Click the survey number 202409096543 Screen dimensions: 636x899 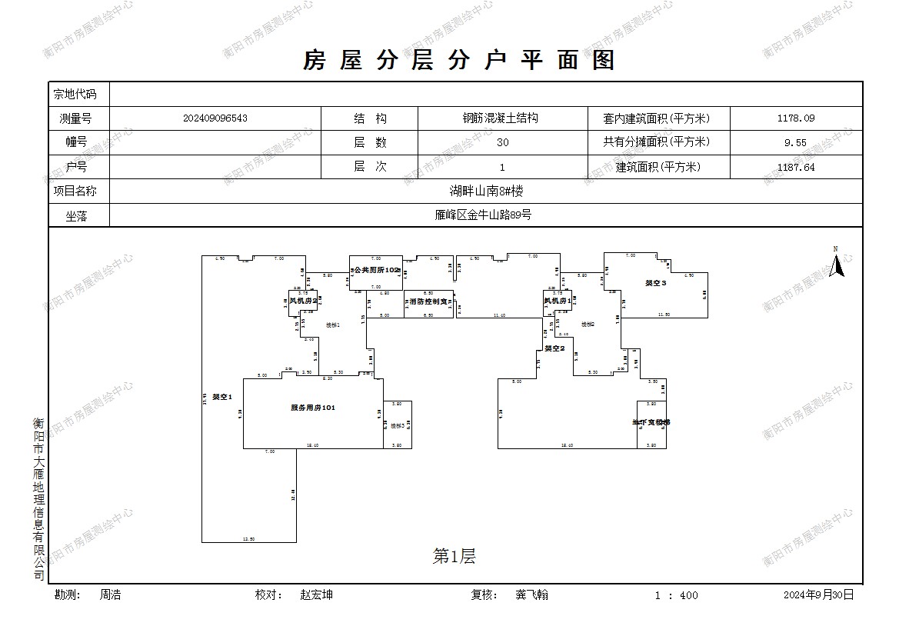[215, 118]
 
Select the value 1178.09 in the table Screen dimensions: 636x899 [796, 118]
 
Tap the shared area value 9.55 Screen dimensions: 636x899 [796, 142]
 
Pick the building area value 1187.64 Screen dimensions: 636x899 [796, 167]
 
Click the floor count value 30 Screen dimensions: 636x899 [502, 142]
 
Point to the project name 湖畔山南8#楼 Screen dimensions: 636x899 [486, 191]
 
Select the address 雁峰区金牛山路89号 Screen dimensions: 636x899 [482, 215]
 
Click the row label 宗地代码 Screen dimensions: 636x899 [75, 95]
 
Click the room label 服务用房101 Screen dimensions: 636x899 [312, 408]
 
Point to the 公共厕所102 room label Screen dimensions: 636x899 [377, 271]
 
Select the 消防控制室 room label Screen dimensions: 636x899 [428, 301]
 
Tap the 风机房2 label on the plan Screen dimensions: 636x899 [303, 301]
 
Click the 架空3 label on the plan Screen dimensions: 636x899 [655, 284]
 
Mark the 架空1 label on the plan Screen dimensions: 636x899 [222, 397]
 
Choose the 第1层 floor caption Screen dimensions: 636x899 [454, 557]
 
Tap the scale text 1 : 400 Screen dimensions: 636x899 [676, 595]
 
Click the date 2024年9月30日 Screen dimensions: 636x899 [818, 594]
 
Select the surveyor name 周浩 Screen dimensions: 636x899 [110, 594]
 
